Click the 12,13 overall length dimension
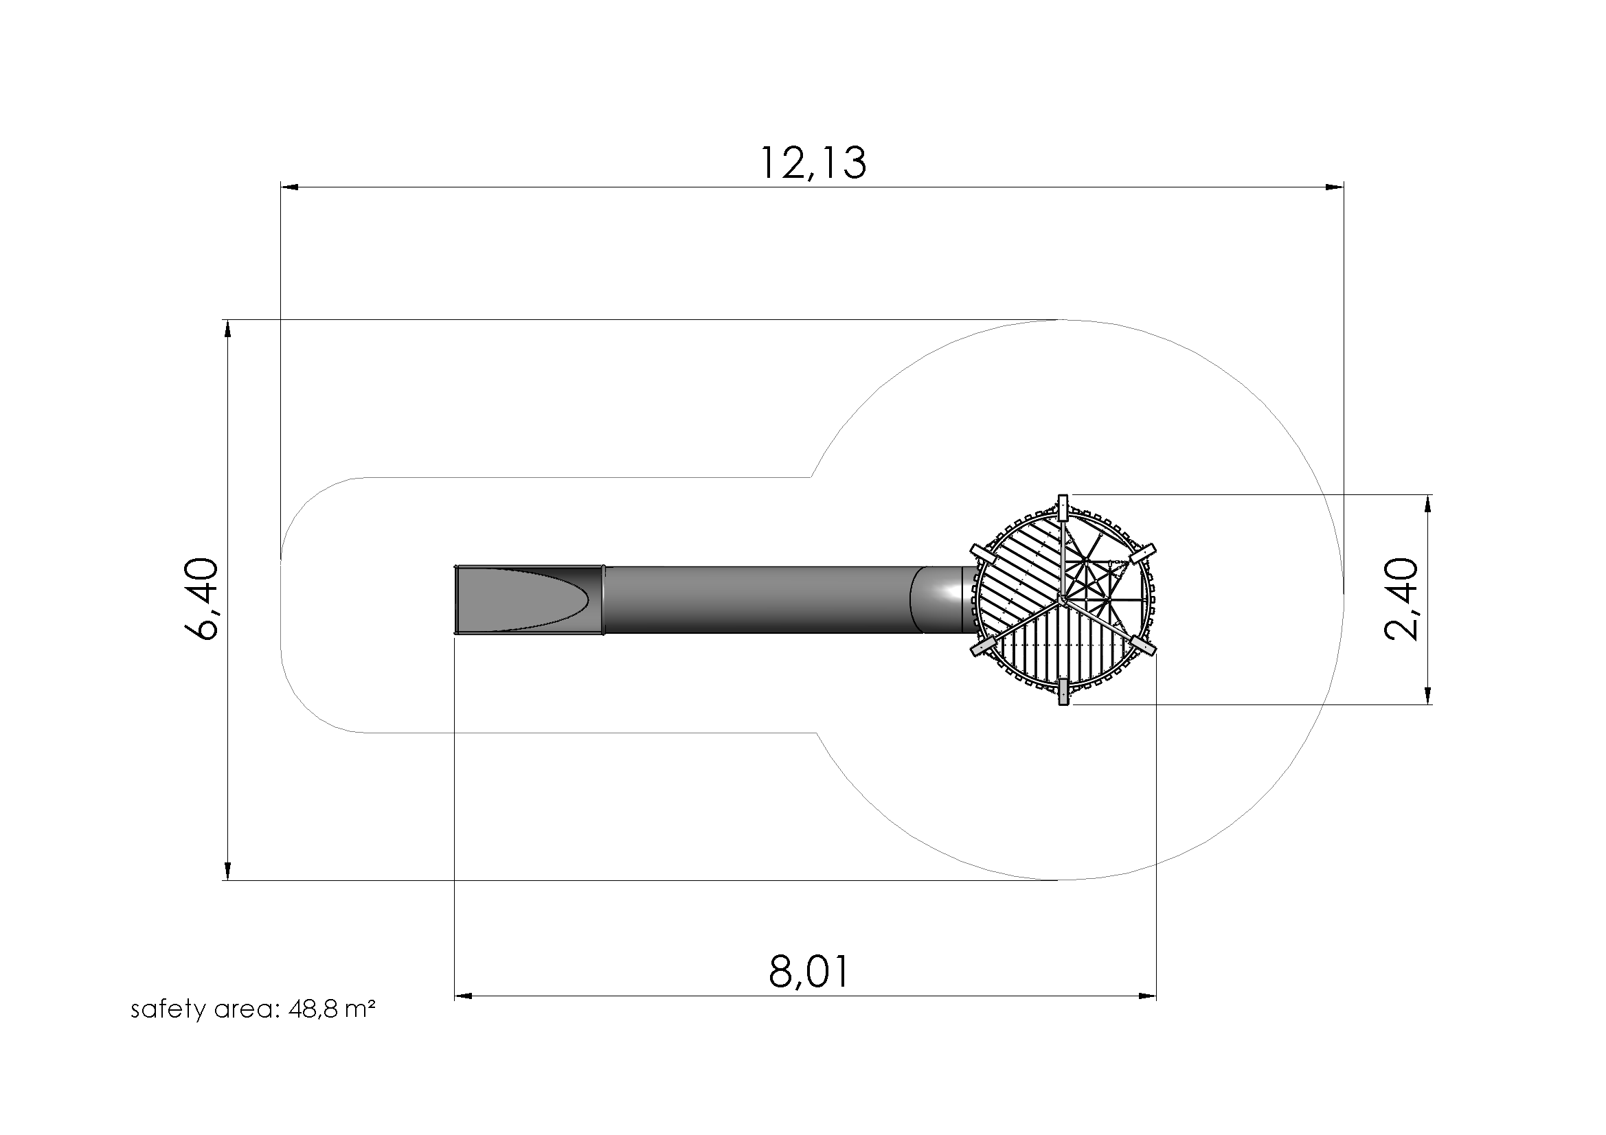(813, 163)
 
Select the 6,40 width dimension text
(202, 599)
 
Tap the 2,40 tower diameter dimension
(1402, 599)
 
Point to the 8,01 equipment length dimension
(809, 972)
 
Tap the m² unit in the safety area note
(361, 1009)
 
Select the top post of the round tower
(1063, 507)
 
